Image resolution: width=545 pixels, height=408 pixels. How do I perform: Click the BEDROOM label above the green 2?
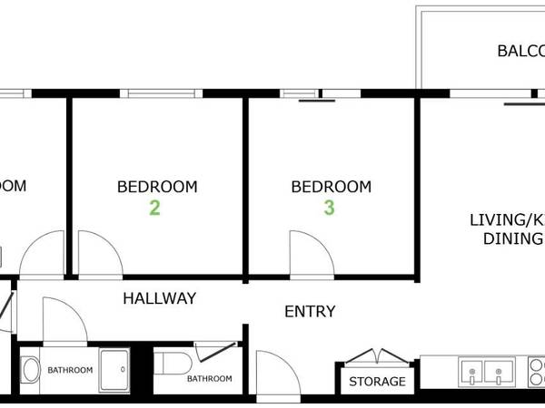tap(157, 187)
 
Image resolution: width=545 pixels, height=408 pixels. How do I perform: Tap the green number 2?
tap(154, 209)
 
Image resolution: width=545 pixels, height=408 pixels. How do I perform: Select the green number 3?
tap(329, 209)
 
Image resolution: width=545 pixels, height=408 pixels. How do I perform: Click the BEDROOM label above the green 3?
tap(331, 187)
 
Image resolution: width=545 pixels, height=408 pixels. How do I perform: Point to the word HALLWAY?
tap(159, 297)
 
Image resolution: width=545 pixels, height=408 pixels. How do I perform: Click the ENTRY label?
tap(310, 311)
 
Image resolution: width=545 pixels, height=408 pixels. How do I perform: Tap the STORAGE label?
tap(377, 382)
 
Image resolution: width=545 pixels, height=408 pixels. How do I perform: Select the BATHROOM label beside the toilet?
tap(209, 378)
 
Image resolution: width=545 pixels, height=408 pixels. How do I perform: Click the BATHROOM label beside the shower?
tap(70, 370)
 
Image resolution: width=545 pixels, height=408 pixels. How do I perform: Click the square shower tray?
tap(116, 369)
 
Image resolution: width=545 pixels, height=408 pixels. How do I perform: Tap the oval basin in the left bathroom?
tap(30, 370)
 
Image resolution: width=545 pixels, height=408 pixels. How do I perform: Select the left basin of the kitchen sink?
tap(471, 371)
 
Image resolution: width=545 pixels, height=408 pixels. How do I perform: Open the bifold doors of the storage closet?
tap(372, 356)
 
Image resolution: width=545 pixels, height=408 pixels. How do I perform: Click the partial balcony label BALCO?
tap(520, 51)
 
